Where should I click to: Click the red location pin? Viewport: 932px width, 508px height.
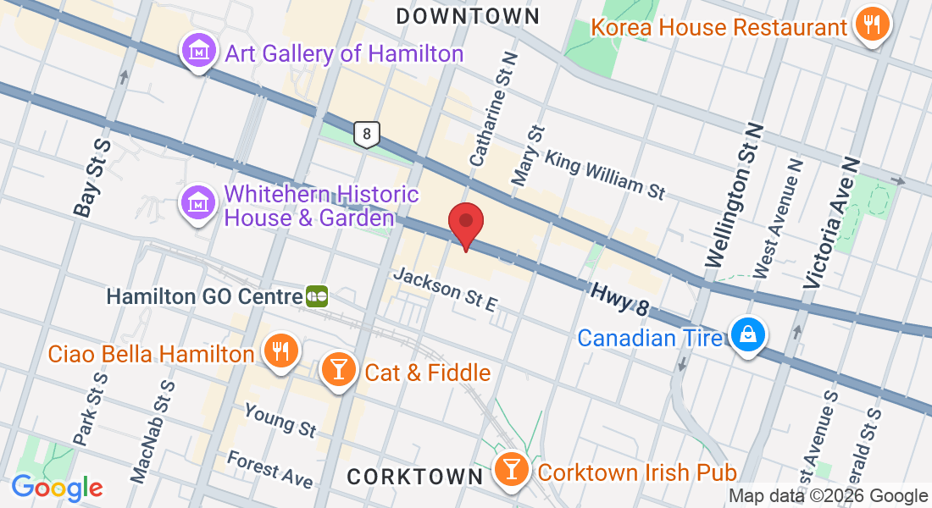[465, 224]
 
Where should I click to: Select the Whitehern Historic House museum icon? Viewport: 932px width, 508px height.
[198, 204]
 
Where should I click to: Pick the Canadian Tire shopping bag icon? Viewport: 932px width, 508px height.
[749, 336]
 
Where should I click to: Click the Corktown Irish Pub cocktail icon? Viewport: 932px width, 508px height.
[512, 470]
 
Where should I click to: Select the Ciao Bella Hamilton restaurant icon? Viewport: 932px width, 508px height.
[280, 351]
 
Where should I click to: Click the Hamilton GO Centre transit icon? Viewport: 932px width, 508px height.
[317, 296]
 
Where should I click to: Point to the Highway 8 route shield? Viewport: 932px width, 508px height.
[366, 134]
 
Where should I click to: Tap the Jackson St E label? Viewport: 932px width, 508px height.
[445, 290]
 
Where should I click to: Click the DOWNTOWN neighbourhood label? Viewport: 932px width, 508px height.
[467, 16]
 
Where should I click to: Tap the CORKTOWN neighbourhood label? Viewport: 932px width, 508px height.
[415, 477]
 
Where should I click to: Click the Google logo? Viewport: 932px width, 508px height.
[57, 488]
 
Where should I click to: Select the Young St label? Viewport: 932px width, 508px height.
[280, 421]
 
